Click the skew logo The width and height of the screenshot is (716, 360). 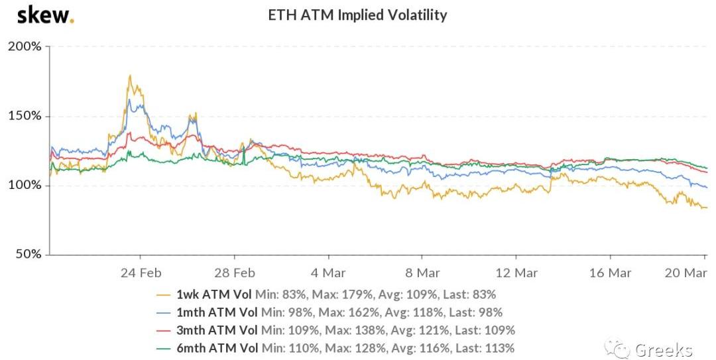[45, 15]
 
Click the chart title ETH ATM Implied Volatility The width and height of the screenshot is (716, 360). [357, 15]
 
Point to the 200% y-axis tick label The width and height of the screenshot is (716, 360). [25, 47]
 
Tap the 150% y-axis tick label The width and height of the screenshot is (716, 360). [25, 116]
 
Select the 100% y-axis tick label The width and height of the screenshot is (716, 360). [25, 186]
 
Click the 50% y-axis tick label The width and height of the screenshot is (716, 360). [28, 255]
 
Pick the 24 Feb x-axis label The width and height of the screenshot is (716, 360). [141, 272]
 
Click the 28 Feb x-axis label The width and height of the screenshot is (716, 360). [235, 272]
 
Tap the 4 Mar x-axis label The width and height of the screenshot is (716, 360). [329, 272]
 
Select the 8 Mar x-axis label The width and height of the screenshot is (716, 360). [422, 272]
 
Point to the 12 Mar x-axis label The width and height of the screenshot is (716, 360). [516, 272]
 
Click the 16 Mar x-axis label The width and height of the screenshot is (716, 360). [610, 272]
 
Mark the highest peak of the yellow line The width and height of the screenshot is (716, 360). [130, 76]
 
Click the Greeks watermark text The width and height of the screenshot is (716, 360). [664, 349]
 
